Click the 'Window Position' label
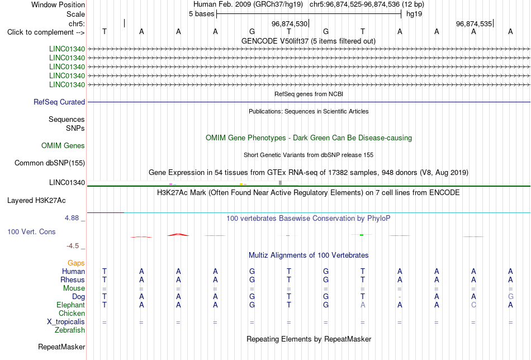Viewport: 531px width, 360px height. pos(58,4)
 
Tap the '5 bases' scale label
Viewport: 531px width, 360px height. pos(201,14)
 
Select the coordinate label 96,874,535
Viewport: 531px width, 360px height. pos(474,23)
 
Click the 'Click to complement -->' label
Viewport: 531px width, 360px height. pos(46,32)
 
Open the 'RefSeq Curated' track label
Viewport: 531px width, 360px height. pos(59,102)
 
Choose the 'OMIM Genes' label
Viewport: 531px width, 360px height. pos(63,146)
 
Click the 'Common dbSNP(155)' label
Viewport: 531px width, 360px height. pos(50,163)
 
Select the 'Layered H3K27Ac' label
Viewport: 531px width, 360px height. pos(36,201)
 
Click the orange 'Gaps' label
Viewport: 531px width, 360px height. pos(76,263)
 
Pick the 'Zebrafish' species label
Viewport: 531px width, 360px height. pos(70,330)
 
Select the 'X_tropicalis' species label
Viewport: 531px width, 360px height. pos(66,322)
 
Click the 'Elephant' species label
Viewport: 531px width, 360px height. pos(71,305)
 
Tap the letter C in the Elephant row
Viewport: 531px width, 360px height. pos(473,305)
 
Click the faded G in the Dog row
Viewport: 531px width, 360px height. pos(510,296)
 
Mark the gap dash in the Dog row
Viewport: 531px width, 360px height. pos(400,297)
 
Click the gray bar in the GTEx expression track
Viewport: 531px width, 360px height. pos(280,183)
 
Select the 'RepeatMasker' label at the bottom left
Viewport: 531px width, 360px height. pos(61,347)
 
